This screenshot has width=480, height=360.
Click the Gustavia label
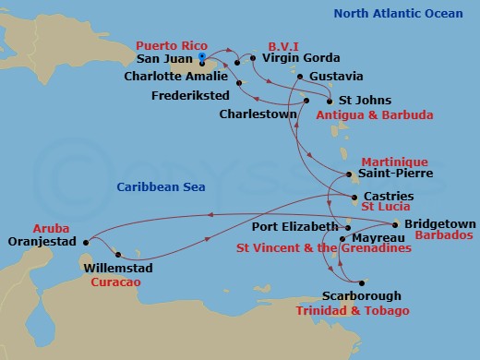[x=337, y=76]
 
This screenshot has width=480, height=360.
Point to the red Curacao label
[x=117, y=282]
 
